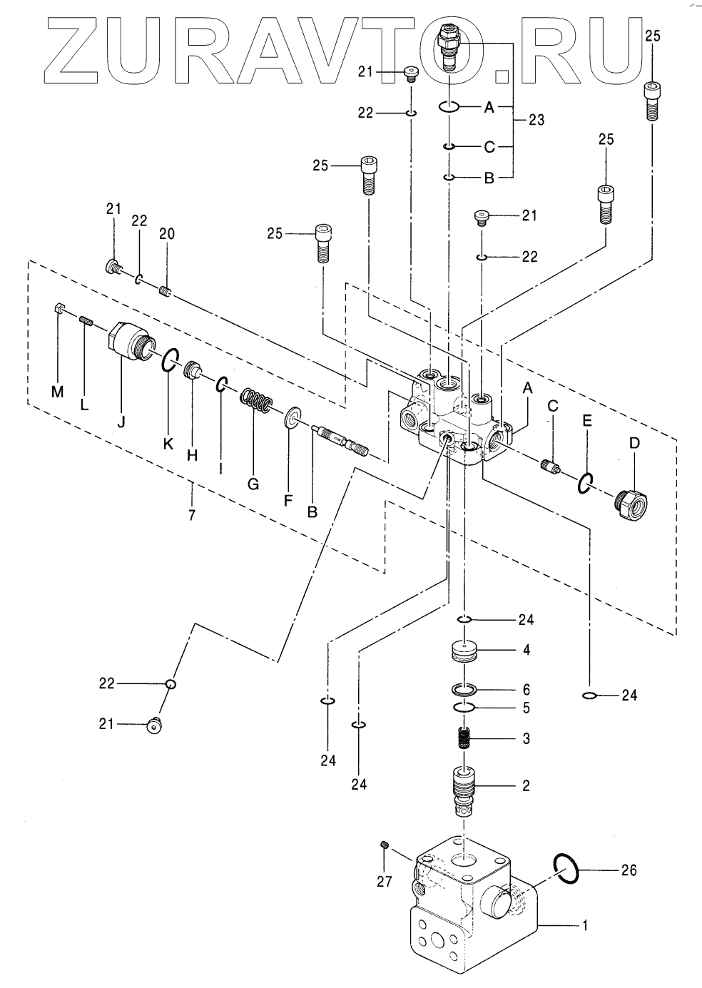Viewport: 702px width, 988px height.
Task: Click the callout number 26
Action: coord(629,870)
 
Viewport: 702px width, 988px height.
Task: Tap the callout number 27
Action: coord(385,882)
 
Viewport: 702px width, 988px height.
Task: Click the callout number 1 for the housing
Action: coord(585,925)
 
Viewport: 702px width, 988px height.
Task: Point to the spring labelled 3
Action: coord(464,738)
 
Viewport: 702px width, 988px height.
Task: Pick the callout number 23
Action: coord(536,120)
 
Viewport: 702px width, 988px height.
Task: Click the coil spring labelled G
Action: coord(255,403)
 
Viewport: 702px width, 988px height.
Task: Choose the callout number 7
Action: coord(192,514)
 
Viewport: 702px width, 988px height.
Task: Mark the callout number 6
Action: coord(526,690)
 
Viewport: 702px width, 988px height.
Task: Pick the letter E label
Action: coord(586,421)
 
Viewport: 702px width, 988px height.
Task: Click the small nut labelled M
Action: coord(61,310)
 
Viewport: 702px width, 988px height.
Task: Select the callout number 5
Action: coord(526,708)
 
